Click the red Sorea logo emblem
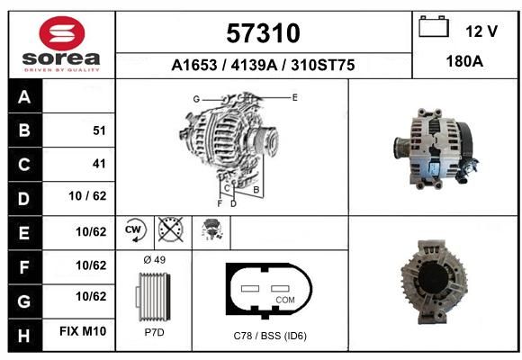coord(62,33)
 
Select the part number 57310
coord(263,33)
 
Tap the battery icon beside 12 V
coord(434,26)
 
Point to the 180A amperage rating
coord(464,61)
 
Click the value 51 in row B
coord(99,130)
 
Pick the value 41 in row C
coord(99,164)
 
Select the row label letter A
coord(24,97)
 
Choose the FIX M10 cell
coord(83,331)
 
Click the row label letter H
coord(24,336)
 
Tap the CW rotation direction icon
coord(134,229)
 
